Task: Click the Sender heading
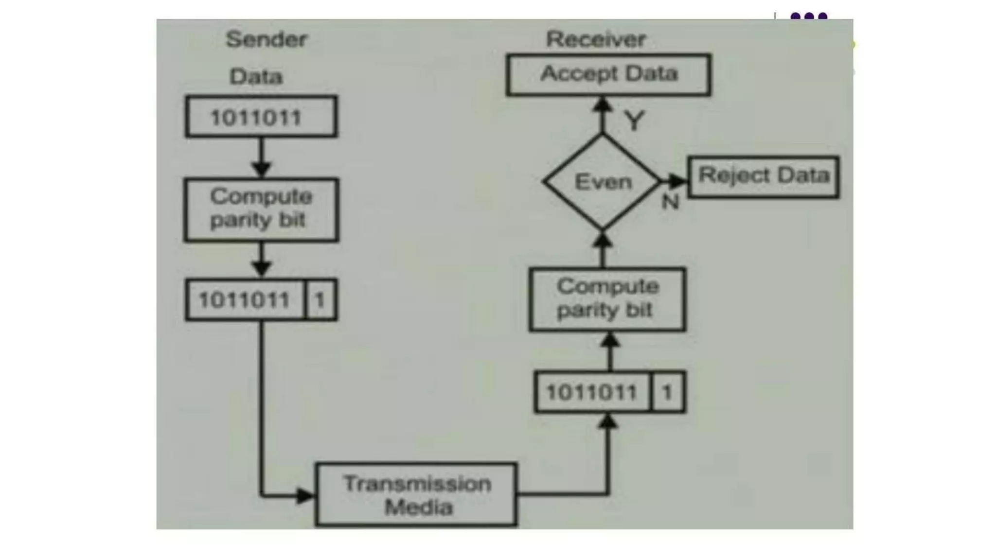(x=267, y=39)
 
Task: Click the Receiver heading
(x=596, y=39)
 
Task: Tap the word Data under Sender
(x=256, y=77)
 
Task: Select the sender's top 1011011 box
(x=261, y=117)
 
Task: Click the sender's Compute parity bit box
(x=261, y=210)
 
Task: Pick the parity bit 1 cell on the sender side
(x=320, y=299)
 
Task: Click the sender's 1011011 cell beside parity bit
(x=245, y=299)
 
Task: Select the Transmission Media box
(x=416, y=494)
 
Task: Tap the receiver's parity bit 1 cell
(x=667, y=392)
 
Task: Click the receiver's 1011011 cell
(x=592, y=392)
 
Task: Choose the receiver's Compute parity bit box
(x=607, y=299)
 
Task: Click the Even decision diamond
(x=603, y=182)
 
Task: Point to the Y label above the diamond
(x=634, y=121)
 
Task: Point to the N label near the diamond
(x=670, y=201)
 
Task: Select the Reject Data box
(x=764, y=176)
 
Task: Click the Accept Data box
(x=608, y=74)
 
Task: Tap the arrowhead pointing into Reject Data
(x=677, y=181)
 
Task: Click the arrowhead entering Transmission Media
(x=305, y=496)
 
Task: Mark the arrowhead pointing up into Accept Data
(x=603, y=105)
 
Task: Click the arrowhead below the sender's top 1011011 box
(x=262, y=169)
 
